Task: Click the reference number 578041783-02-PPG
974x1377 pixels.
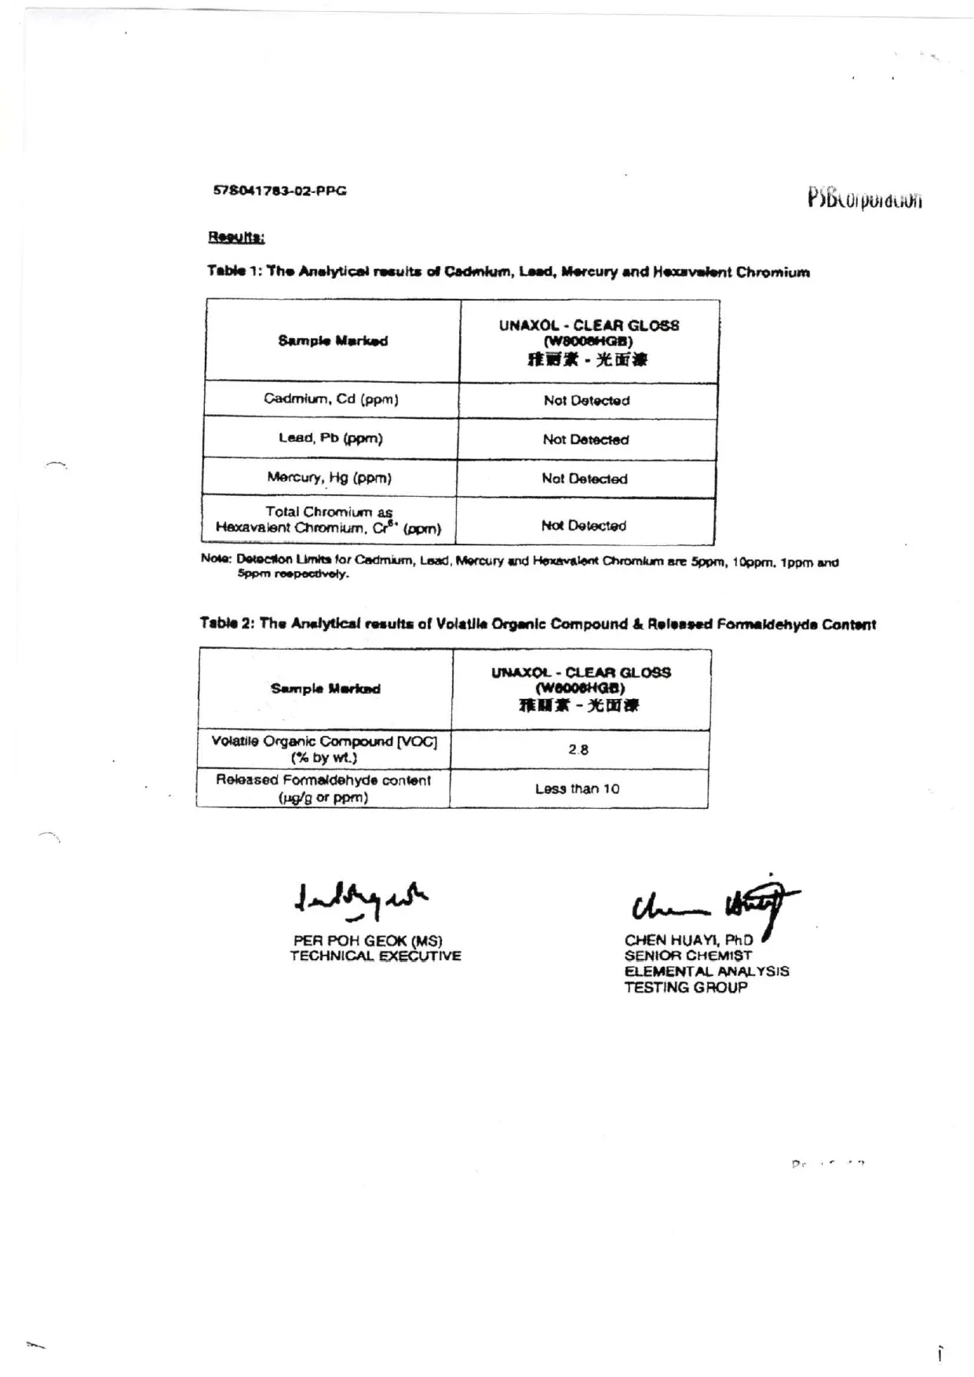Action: (279, 191)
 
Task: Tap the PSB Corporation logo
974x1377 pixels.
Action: (864, 198)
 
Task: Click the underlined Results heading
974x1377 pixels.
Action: (236, 237)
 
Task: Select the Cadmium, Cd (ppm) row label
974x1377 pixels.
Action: (330, 399)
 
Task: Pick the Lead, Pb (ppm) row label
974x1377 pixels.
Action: (330, 438)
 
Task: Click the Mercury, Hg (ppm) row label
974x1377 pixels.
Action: (329, 477)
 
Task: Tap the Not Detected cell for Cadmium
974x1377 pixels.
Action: (586, 400)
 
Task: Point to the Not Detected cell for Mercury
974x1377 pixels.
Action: (585, 479)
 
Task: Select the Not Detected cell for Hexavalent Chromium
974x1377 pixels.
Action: (584, 526)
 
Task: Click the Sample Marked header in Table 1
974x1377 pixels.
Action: (333, 341)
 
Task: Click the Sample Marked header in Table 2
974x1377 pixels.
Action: (326, 689)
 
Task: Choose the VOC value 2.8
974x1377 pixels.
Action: (578, 750)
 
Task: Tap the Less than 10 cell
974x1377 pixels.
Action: (577, 789)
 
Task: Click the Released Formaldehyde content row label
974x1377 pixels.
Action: (323, 789)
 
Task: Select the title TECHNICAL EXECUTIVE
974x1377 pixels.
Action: (375, 956)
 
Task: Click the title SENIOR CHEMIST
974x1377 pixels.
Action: (688, 956)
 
